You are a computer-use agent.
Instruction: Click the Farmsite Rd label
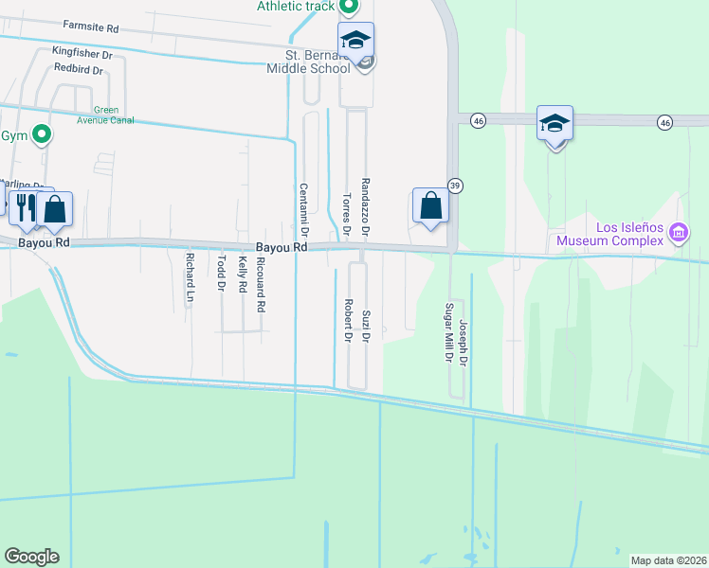90,27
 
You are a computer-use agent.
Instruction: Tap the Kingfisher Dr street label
82,55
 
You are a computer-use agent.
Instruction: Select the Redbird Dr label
79,69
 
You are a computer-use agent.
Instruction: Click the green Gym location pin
41,135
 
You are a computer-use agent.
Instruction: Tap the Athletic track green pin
348,9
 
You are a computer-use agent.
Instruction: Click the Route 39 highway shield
456,185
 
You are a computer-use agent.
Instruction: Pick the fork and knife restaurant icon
25,206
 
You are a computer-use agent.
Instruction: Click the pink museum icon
678,231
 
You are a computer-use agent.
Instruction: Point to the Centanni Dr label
305,209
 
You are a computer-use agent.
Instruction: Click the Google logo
31,557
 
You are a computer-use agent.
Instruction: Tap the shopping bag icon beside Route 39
430,206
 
